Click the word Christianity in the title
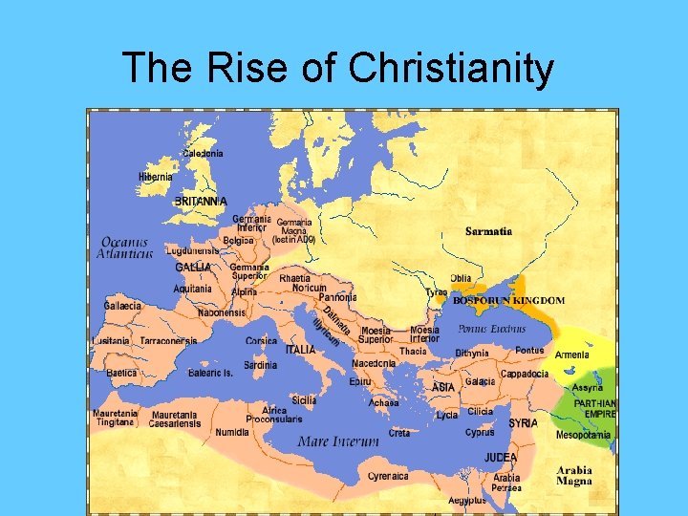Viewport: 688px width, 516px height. point(451,69)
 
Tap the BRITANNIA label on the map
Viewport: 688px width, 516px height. point(201,202)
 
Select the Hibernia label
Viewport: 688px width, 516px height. point(156,177)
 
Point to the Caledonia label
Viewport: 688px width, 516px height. point(203,153)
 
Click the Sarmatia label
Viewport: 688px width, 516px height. point(489,231)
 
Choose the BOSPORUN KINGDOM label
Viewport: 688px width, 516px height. point(508,300)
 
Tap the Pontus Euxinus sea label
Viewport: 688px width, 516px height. point(491,329)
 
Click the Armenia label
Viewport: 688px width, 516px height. point(572,355)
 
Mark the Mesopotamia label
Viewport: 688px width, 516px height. point(583,435)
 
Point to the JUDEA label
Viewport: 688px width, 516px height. point(501,458)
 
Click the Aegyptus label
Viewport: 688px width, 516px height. point(466,500)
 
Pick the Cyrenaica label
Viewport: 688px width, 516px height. point(388,475)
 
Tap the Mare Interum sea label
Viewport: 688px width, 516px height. point(338,441)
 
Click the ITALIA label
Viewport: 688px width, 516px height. point(300,350)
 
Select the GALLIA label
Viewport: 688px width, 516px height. point(193,268)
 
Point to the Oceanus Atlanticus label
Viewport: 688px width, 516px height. point(125,248)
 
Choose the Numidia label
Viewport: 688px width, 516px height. point(232,432)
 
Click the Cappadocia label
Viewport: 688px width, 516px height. point(525,374)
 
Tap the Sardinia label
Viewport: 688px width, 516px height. point(260,365)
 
